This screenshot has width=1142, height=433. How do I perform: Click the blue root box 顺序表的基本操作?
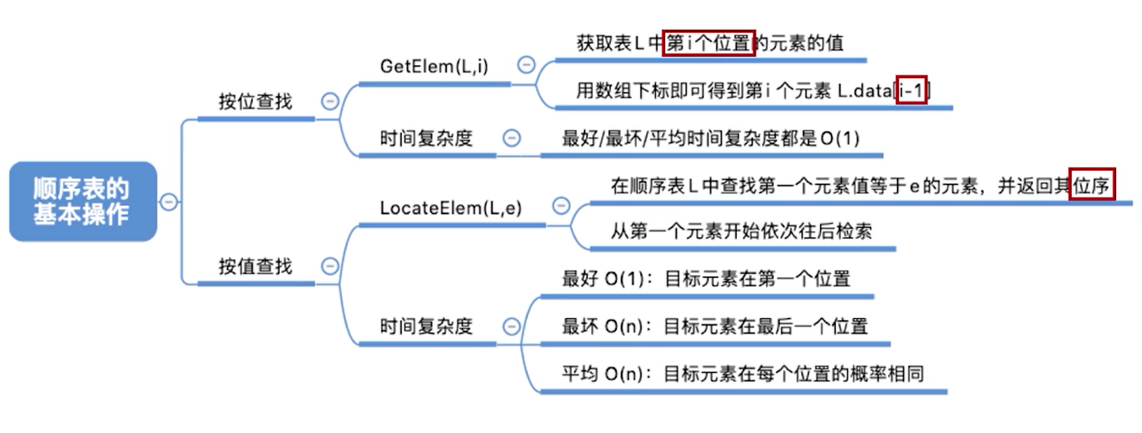coord(82,201)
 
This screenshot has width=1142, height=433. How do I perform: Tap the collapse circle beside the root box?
coord(168,202)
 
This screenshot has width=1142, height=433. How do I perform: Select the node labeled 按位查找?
coord(255,102)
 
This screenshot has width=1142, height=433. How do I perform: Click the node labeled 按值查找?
coord(255,266)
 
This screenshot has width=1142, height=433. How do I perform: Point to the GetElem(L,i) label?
coord(434,66)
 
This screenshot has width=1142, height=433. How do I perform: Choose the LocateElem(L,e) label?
coord(451,208)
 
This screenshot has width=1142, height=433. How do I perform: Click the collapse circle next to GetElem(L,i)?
coord(526,65)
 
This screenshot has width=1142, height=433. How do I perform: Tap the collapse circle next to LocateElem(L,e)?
coord(561,205)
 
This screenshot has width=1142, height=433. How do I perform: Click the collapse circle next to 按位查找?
coord(330,101)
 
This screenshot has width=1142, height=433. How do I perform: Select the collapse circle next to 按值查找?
coord(330,266)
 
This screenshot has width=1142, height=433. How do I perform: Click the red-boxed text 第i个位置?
coord(708,43)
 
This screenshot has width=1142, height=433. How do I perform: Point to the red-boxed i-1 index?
coord(912,90)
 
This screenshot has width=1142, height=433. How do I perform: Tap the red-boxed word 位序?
coord(1092,185)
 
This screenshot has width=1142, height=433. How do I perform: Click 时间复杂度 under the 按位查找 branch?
coord(426,138)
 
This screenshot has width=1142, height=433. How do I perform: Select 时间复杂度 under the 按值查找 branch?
coord(426,326)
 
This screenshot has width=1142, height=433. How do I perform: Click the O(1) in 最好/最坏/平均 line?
coord(840,138)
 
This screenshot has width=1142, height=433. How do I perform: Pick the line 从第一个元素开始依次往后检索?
coord(741,231)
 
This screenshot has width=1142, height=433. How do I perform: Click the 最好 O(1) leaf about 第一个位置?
coord(705,279)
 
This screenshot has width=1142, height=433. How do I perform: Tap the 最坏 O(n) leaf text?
coord(715,326)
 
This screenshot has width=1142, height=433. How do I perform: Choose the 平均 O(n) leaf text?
coord(742,374)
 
